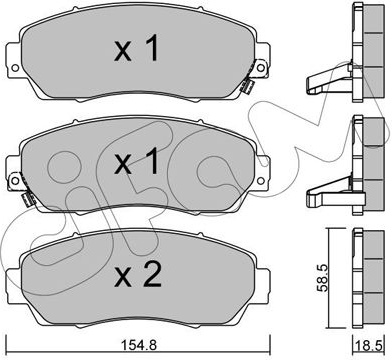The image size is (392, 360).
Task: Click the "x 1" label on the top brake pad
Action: click(x=136, y=49)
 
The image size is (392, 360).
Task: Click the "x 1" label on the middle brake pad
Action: click(x=136, y=162)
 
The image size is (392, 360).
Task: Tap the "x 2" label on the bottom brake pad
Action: click(x=138, y=275)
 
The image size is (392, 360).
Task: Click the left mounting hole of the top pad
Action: click(x=15, y=68)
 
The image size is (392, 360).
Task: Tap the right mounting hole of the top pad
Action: click(x=261, y=68)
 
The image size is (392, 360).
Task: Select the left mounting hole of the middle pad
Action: click(x=15, y=181)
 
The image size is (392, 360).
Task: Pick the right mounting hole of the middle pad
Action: click(x=261, y=181)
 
